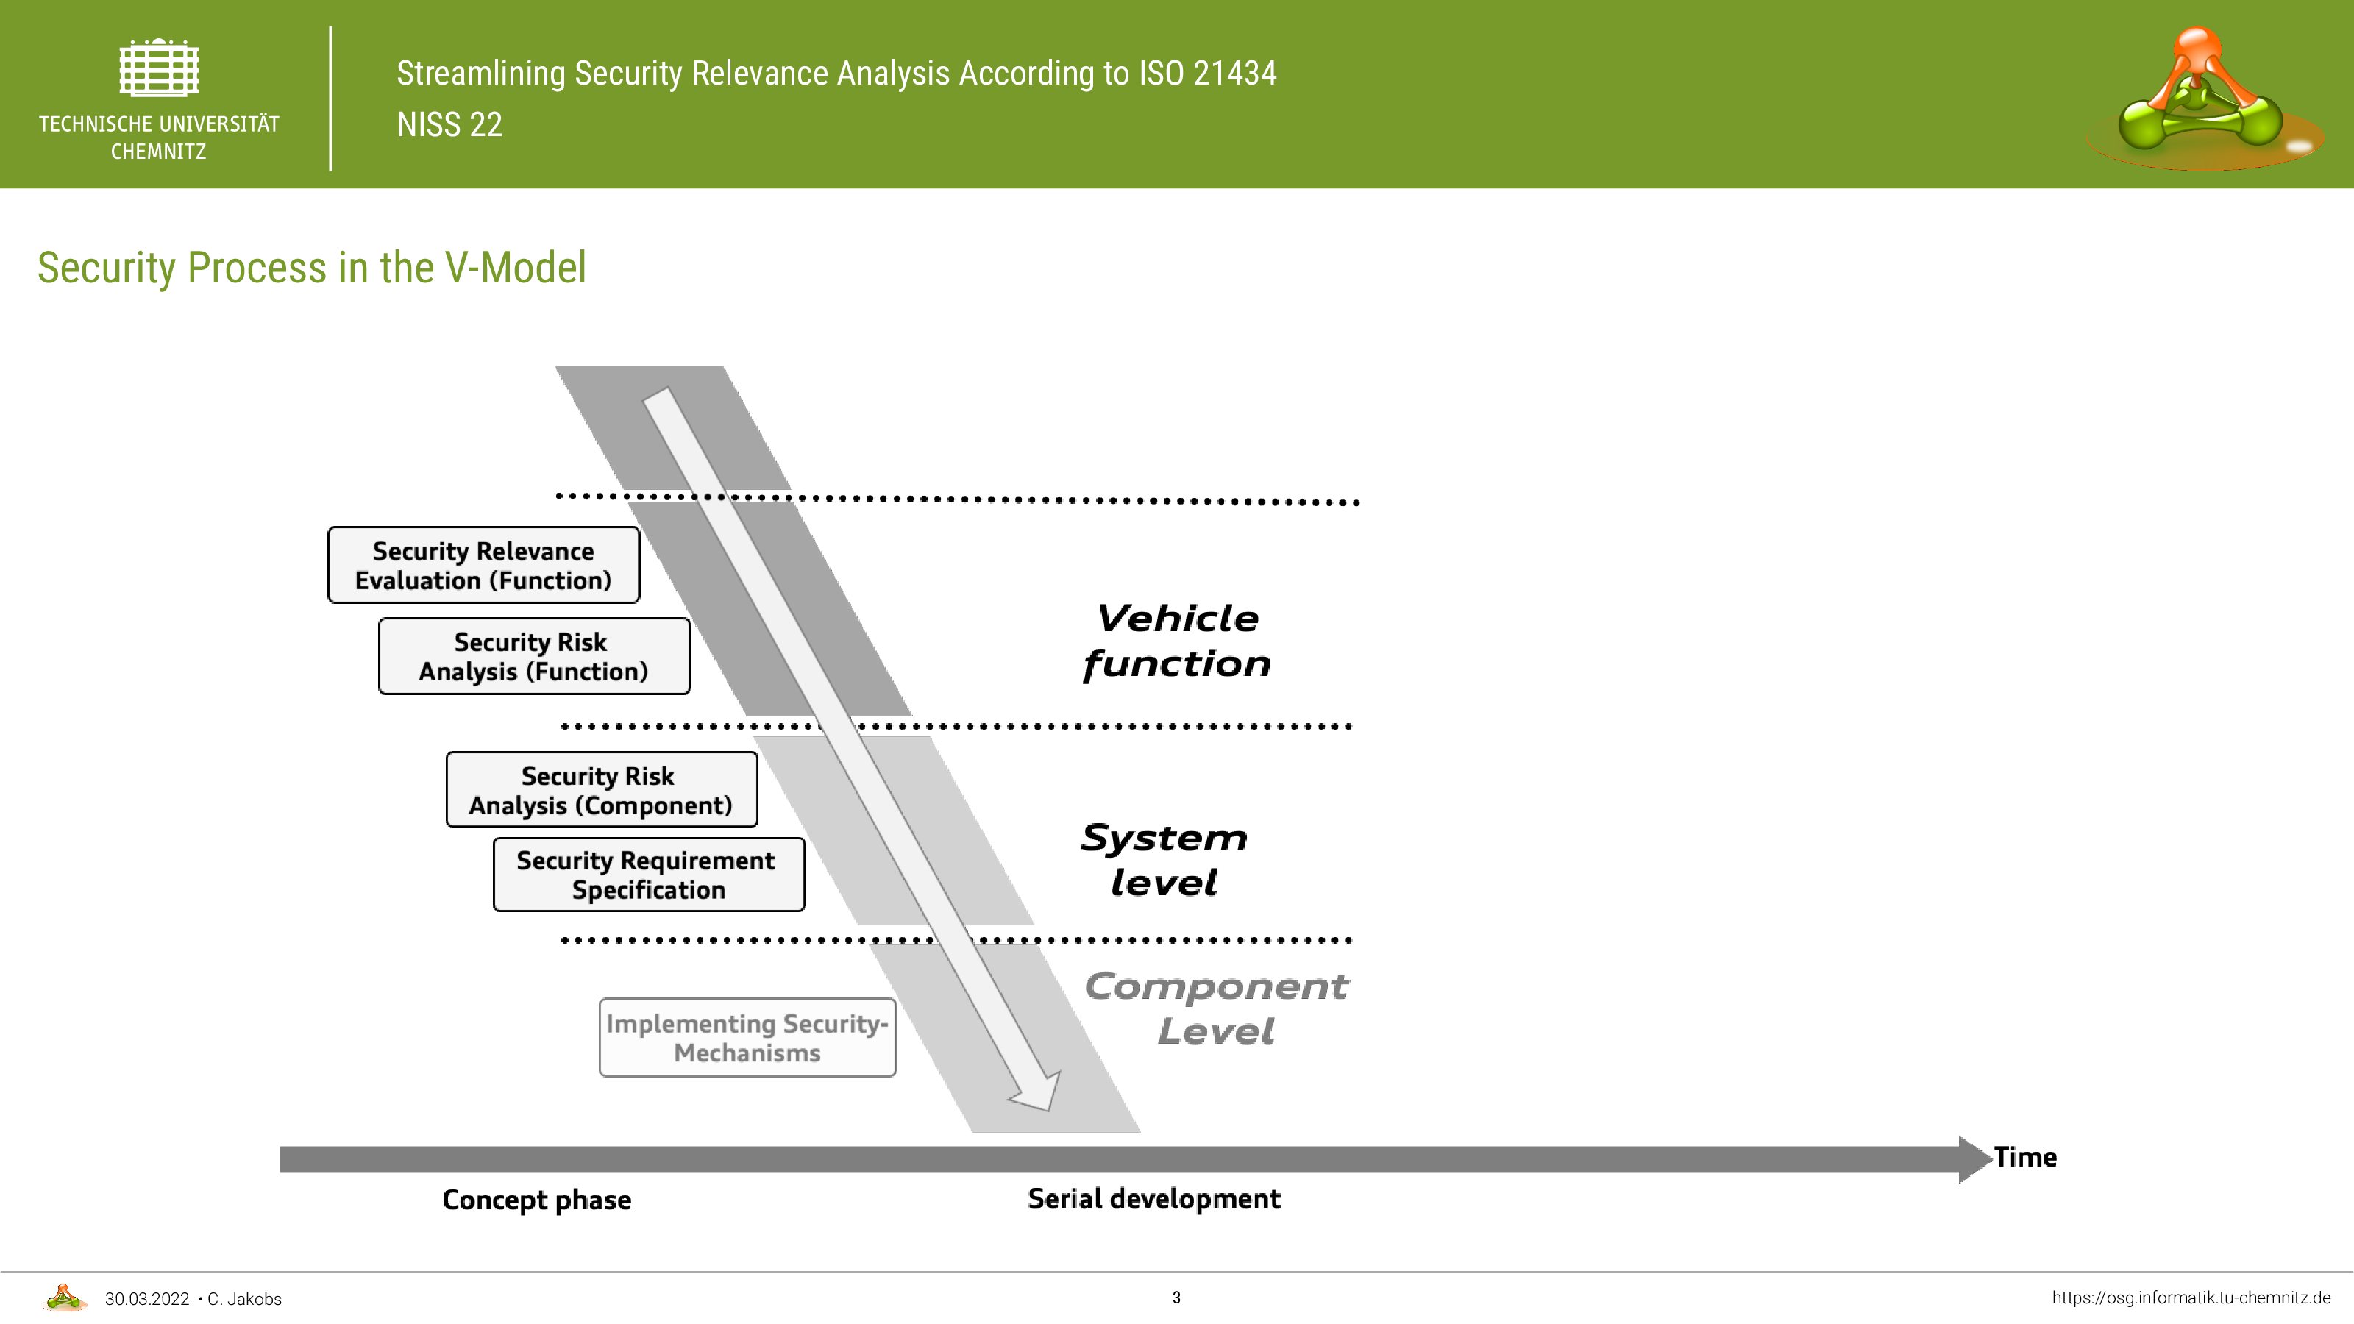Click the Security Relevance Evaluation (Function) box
(483, 565)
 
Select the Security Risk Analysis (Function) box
(533, 656)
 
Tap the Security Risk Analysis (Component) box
(601, 789)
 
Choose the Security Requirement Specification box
(649, 875)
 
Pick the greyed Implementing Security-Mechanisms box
(747, 1037)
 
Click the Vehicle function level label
(1177, 641)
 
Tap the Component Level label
(1216, 1008)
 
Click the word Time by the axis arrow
(2025, 1157)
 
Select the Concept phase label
(536, 1199)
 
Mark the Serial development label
(1154, 1198)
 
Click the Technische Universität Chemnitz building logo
(159, 67)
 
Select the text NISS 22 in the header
(449, 124)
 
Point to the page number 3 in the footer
(1176, 1298)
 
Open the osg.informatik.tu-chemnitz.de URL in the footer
(2191, 1298)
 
